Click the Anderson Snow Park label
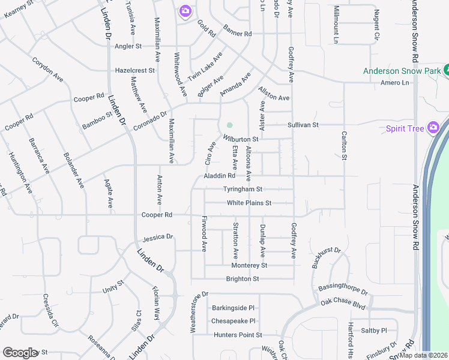[401, 71]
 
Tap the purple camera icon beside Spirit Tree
[433, 128]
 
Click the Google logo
[20, 353]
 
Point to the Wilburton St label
[241, 139]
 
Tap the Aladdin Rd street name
[219, 176]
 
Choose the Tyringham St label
[243, 189]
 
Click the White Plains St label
[249, 203]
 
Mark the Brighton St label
[242, 279]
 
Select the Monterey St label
[249, 265]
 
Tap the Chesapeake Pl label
[234, 321]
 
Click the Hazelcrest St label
[135, 70]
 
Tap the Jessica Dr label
[158, 237]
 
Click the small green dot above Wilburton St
[229, 125]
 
